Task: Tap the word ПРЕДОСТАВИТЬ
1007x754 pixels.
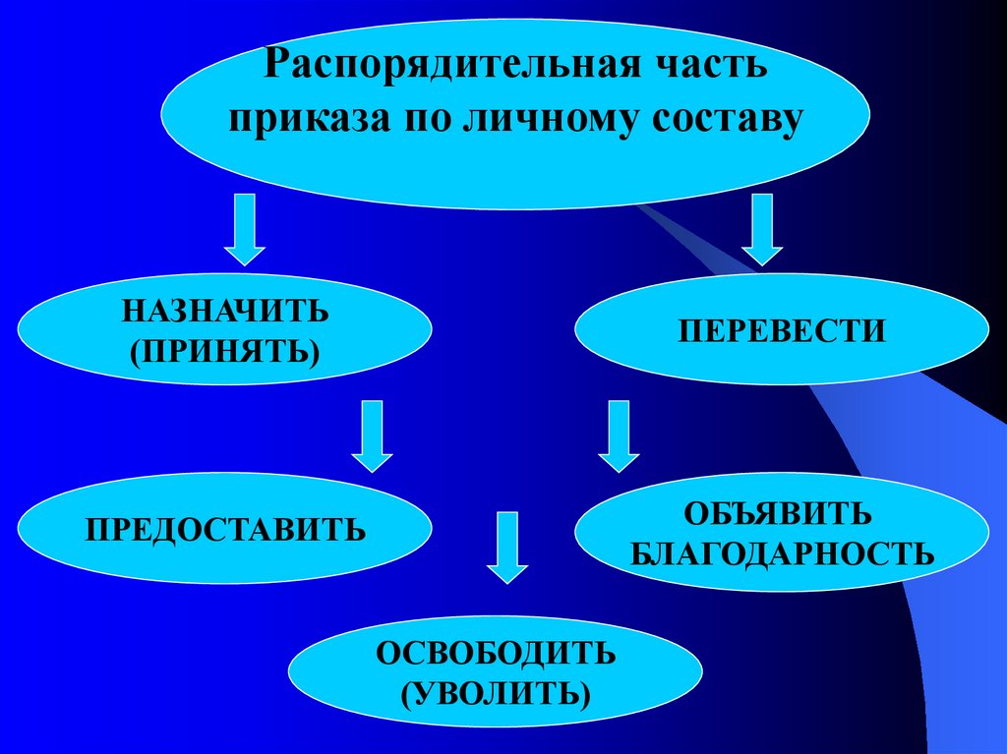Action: click(225, 531)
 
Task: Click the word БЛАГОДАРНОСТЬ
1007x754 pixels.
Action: click(781, 551)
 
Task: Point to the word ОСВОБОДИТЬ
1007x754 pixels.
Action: click(496, 654)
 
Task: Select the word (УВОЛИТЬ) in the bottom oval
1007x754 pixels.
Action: click(496, 692)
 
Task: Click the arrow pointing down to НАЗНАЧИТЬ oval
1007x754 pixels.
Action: click(246, 229)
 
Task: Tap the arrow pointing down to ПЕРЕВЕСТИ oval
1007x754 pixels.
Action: click(762, 229)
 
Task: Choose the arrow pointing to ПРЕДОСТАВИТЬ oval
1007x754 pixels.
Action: click(373, 435)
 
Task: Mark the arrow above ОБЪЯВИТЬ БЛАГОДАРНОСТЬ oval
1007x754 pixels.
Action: click(619, 435)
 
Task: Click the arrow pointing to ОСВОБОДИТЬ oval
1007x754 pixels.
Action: click(507, 547)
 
